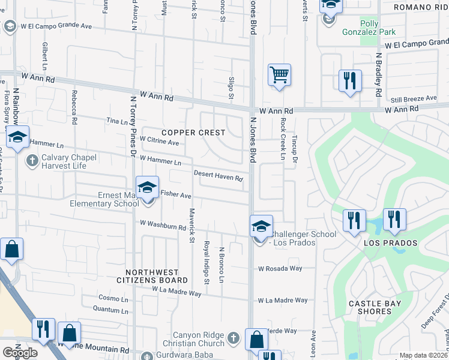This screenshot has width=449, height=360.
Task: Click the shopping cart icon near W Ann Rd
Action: [x=279, y=76]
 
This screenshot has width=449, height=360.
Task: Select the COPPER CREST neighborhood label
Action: [x=193, y=132]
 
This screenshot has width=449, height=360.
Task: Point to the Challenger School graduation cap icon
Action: [x=261, y=226]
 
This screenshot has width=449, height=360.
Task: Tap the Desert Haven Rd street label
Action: [x=218, y=176]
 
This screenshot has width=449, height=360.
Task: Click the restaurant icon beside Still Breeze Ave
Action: [x=350, y=80]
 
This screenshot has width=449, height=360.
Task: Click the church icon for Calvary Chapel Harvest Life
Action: [x=32, y=160]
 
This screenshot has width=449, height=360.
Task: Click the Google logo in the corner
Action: [x=20, y=353]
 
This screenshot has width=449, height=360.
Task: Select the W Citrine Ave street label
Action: [x=159, y=141]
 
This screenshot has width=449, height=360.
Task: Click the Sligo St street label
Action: [x=231, y=87]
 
